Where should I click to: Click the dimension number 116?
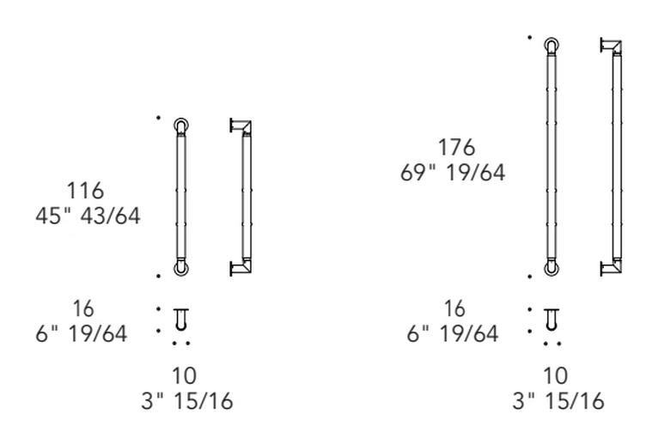[85, 191]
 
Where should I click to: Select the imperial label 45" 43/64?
[88, 216]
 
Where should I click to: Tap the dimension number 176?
[457, 148]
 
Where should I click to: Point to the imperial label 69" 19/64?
[453, 173]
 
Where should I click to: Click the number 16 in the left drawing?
[83, 309]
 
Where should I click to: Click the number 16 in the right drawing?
[454, 309]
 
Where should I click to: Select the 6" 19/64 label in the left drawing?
[81, 334]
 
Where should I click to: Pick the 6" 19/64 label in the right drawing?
[453, 334]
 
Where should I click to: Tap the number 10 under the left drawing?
[184, 375]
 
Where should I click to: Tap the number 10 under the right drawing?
[555, 375]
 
